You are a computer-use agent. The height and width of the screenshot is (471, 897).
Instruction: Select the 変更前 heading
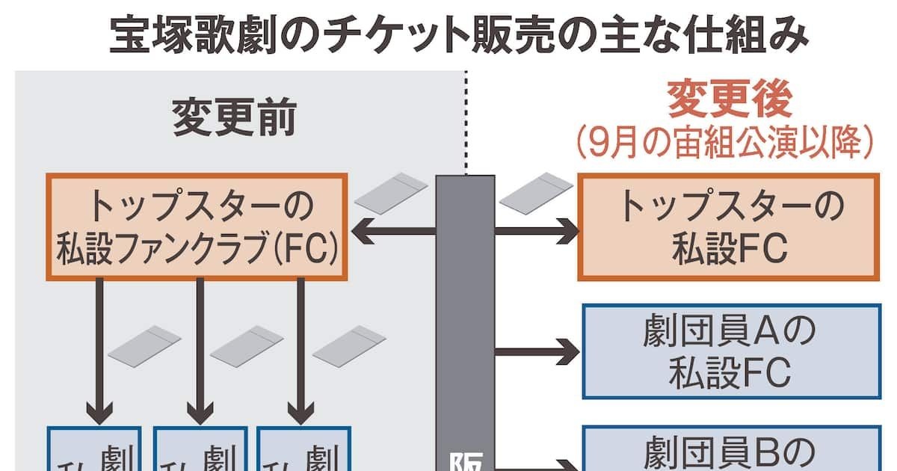[235, 117]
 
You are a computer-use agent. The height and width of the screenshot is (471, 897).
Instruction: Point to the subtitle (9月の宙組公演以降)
[724, 141]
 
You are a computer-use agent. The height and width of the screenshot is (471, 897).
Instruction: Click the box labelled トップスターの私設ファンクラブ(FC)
[197, 227]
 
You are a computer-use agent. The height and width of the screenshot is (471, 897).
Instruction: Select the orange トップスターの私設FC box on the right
[729, 227]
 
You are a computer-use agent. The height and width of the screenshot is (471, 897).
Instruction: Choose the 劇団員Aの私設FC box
[731, 351]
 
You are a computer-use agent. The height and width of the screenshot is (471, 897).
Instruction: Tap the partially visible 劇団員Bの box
[731, 448]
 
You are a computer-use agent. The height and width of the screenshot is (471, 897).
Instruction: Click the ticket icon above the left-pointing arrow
[392, 191]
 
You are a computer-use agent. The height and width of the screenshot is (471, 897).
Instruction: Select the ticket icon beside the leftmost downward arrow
[144, 345]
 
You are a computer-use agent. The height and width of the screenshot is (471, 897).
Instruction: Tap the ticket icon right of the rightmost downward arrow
[349, 345]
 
